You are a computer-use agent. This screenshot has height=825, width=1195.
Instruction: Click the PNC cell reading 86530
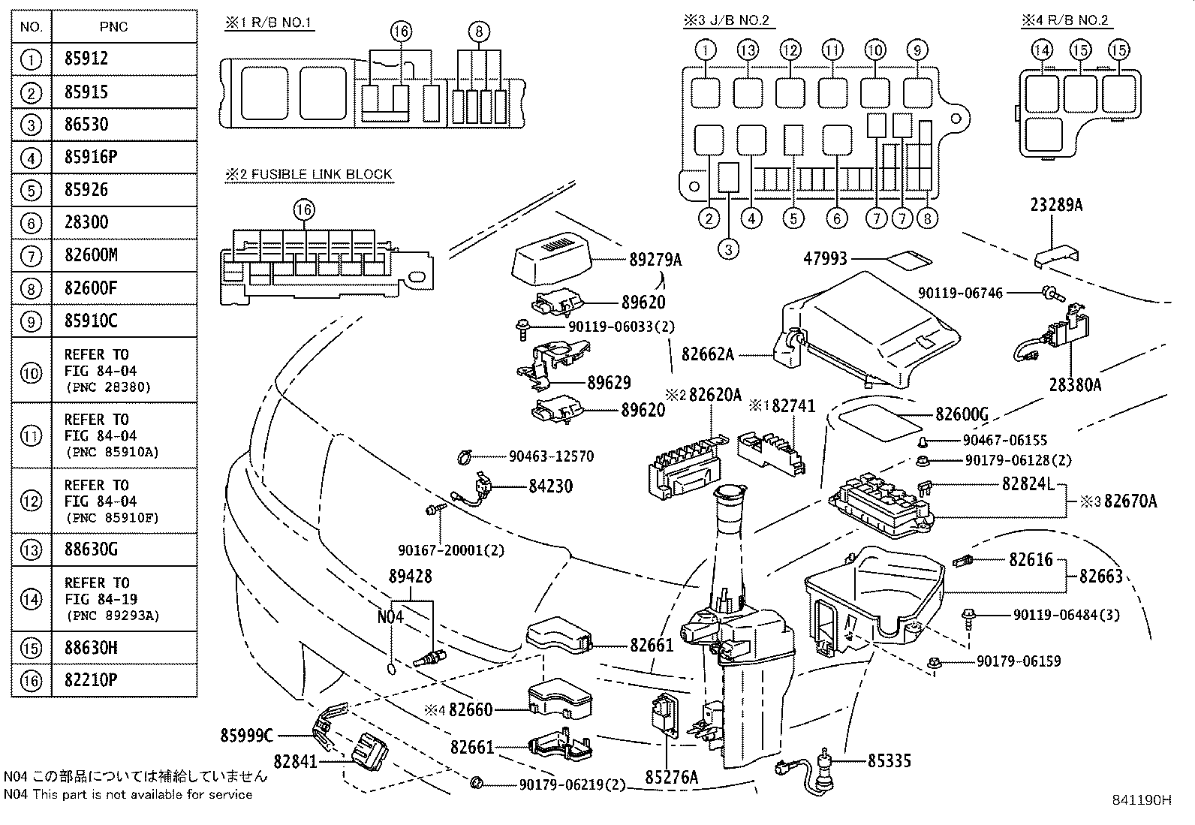click(x=86, y=125)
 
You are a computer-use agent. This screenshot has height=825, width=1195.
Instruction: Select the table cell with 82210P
click(x=91, y=681)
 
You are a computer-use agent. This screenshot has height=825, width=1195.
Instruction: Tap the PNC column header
click(x=113, y=27)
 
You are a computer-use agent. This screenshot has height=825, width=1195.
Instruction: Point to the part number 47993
click(x=825, y=259)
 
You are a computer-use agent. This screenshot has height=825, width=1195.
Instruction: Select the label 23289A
click(x=1056, y=205)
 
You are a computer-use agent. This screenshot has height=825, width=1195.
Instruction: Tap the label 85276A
click(x=672, y=778)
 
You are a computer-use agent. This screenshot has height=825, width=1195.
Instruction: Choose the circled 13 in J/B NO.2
click(x=747, y=50)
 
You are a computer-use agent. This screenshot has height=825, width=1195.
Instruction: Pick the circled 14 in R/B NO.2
click(x=1042, y=50)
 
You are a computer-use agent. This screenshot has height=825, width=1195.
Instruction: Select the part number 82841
click(x=296, y=761)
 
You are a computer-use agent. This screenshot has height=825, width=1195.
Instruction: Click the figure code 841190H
click(x=1141, y=800)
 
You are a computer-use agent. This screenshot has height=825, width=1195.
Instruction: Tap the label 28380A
click(x=1075, y=385)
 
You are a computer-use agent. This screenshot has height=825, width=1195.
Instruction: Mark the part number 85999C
click(x=247, y=736)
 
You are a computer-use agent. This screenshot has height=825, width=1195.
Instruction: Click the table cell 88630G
click(x=91, y=549)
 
